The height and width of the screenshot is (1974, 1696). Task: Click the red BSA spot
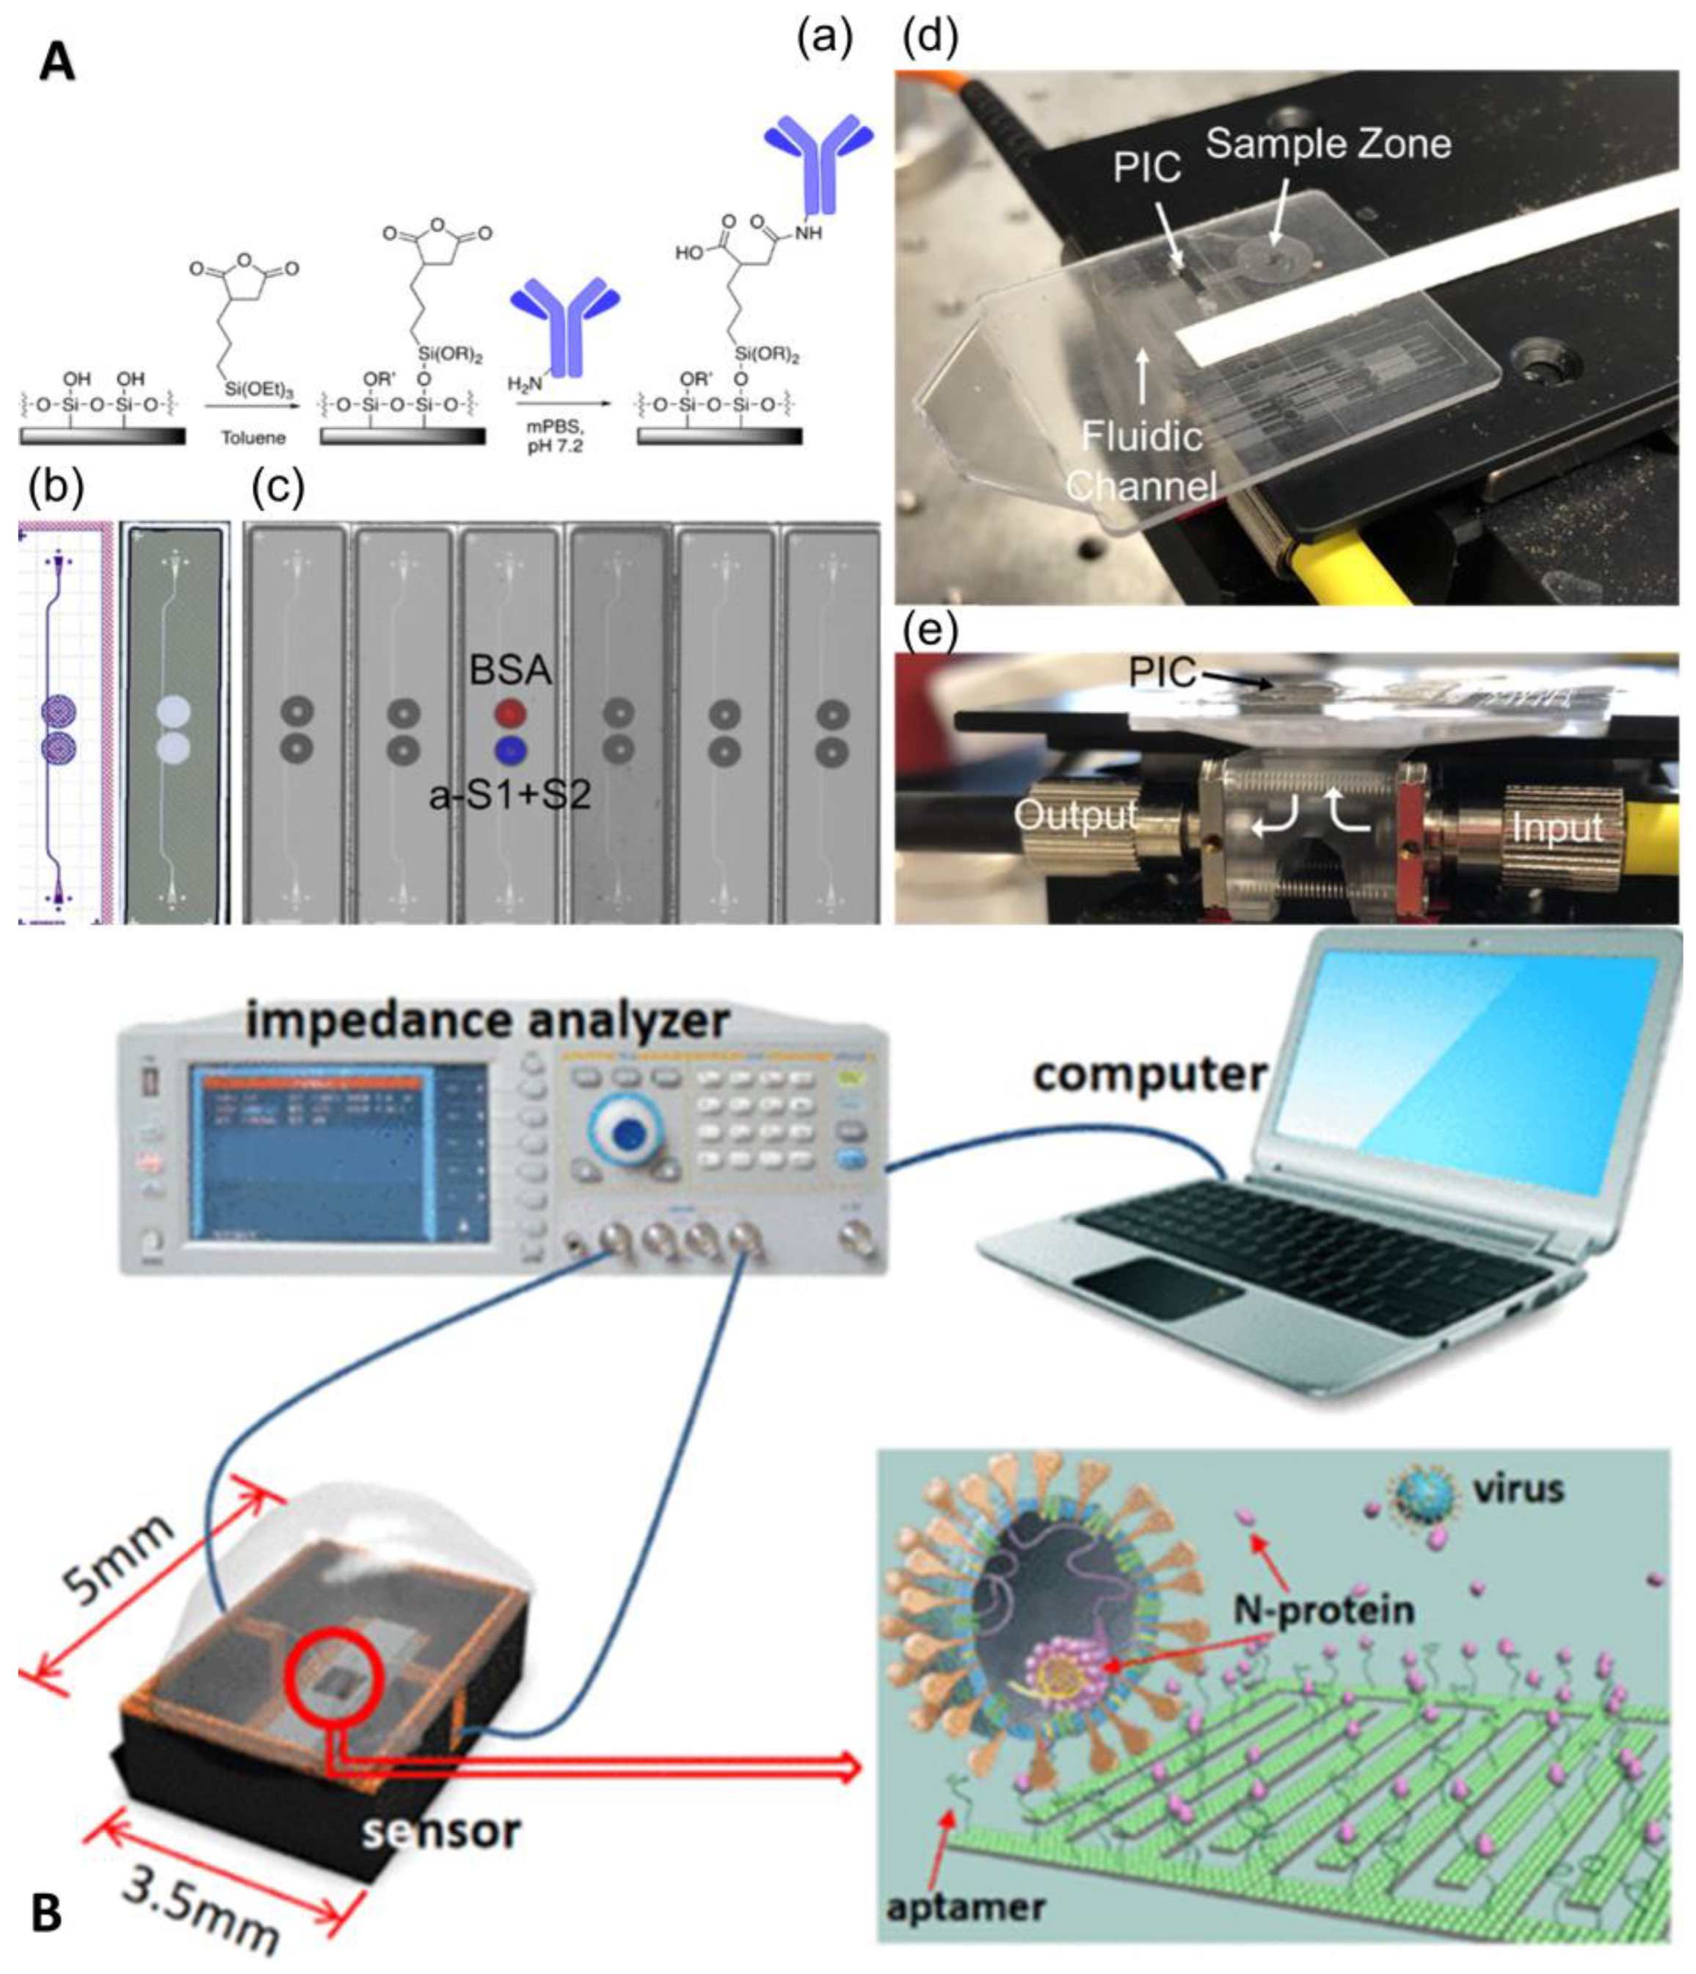click(x=511, y=712)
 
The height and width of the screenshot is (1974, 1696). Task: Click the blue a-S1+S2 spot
click(x=511, y=750)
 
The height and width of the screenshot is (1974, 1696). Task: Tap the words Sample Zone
click(x=1328, y=144)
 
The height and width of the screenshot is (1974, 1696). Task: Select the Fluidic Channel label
click(x=1142, y=461)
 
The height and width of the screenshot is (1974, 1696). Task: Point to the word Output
click(x=1076, y=815)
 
